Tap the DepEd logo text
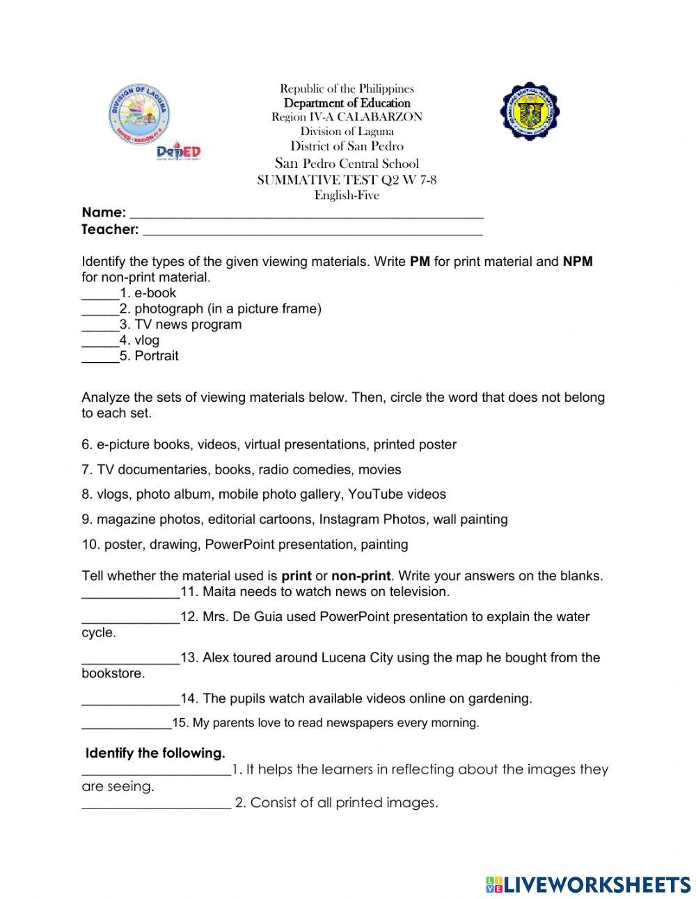tap(179, 151)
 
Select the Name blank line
tap(306, 215)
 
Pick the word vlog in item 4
tap(147, 341)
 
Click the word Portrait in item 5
tap(157, 356)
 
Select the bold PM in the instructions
tap(420, 262)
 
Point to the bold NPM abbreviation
tap(577, 262)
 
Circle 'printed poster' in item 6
tap(415, 444)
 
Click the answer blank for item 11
tap(130, 595)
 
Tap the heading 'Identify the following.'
tap(155, 753)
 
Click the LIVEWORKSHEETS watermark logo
tap(588, 884)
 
